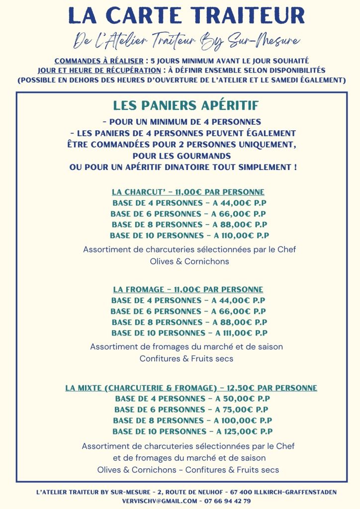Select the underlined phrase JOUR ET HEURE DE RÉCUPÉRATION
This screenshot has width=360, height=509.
[102, 71]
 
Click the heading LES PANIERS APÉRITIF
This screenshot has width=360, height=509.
[186, 106]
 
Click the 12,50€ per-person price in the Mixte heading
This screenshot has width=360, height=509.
[244, 388]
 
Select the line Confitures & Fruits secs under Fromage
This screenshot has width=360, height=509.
[186, 358]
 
